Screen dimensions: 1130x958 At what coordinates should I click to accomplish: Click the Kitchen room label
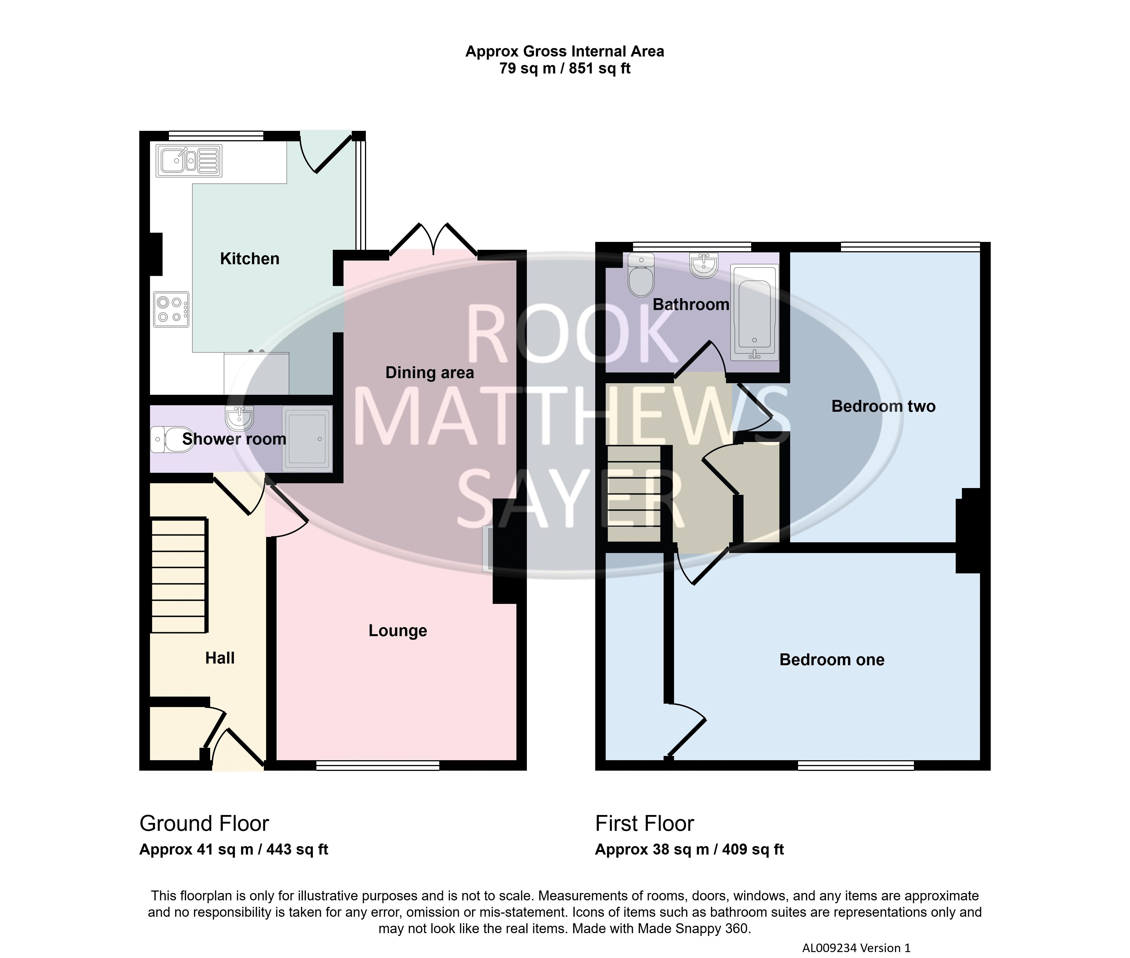[x=250, y=259]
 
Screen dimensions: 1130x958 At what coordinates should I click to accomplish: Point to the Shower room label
[x=234, y=439]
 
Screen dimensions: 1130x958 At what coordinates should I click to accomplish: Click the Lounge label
[x=398, y=630]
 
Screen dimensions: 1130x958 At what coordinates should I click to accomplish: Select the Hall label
[x=220, y=658]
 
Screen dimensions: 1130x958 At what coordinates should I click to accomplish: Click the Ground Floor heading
[x=204, y=823]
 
